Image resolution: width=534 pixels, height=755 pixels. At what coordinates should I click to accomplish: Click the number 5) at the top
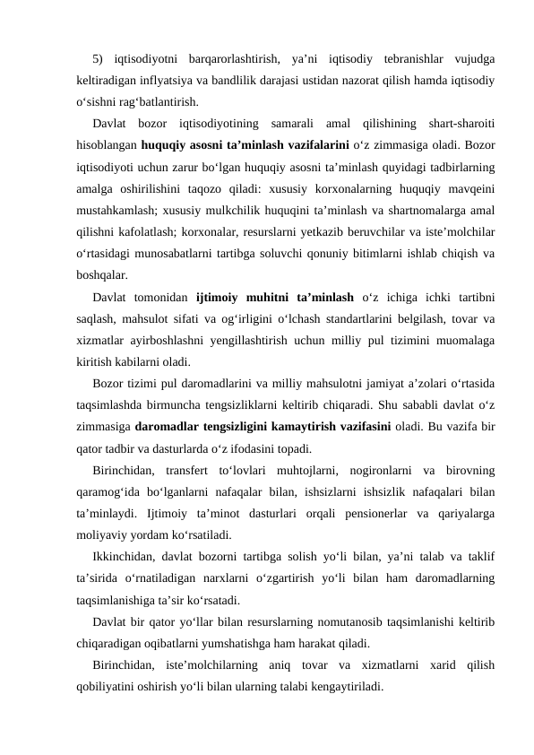click(x=99, y=60)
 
